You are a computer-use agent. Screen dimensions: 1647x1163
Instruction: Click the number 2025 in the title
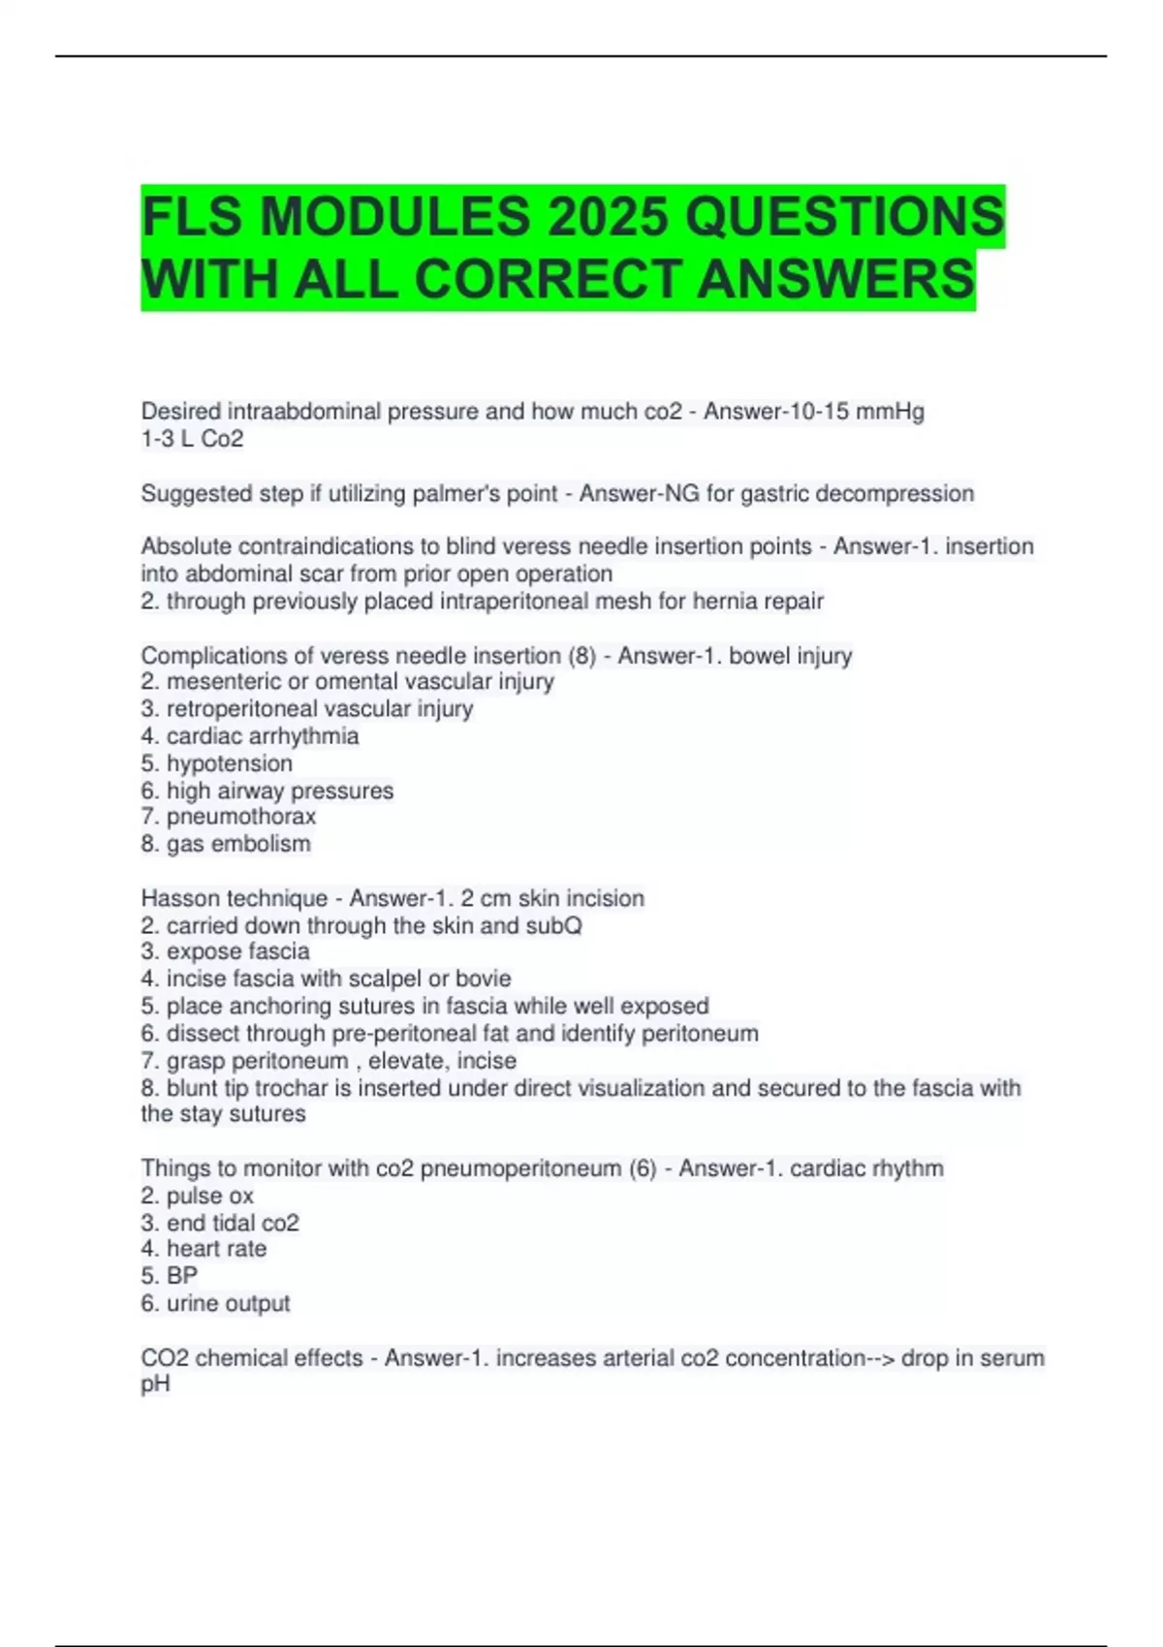point(608,216)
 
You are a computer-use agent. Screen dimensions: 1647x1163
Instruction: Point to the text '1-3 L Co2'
point(192,439)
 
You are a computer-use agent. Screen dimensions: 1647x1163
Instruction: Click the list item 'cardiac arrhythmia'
point(262,736)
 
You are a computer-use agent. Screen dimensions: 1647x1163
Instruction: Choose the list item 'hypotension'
point(229,763)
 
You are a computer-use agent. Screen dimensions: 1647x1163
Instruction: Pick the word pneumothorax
point(240,817)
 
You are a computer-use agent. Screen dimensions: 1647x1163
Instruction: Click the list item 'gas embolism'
point(237,844)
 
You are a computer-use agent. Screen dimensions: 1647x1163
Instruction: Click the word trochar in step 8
point(291,1088)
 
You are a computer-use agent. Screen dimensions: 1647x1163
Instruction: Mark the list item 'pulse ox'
point(209,1196)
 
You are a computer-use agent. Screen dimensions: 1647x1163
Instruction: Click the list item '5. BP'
point(170,1276)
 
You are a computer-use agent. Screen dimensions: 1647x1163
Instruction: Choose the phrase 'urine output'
point(228,1303)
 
